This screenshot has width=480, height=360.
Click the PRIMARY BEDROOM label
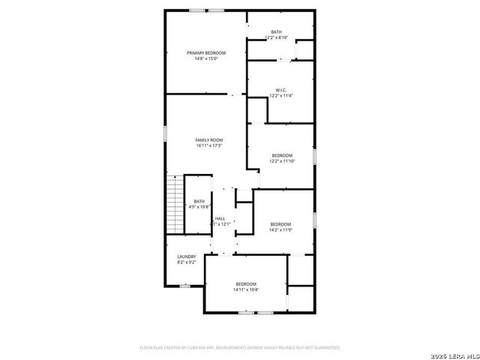click(206, 52)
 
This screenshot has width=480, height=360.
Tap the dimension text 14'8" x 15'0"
click(206, 58)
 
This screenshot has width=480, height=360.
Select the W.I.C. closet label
click(281, 90)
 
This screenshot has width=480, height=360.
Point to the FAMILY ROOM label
click(209, 140)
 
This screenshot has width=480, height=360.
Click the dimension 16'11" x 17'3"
click(209, 146)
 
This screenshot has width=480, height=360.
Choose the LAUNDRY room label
click(187, 256)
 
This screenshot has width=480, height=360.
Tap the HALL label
click(220, 218)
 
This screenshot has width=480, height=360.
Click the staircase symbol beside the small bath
click(175, 204)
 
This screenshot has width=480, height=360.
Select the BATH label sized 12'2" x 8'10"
click(277, 31)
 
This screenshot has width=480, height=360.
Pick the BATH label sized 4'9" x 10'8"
click(199, 201)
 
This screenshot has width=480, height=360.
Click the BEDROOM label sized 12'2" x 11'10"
click(282, 155)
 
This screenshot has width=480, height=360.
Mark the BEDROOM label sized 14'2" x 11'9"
click(280, 224)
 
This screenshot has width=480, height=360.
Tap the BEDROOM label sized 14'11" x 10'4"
click(246, 283)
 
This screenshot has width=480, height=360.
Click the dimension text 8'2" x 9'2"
click(187, 262)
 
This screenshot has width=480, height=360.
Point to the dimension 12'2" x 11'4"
click(281, 96)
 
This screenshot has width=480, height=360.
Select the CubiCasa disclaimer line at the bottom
click(240, 348)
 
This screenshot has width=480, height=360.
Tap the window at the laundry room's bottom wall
click(185, 286)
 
